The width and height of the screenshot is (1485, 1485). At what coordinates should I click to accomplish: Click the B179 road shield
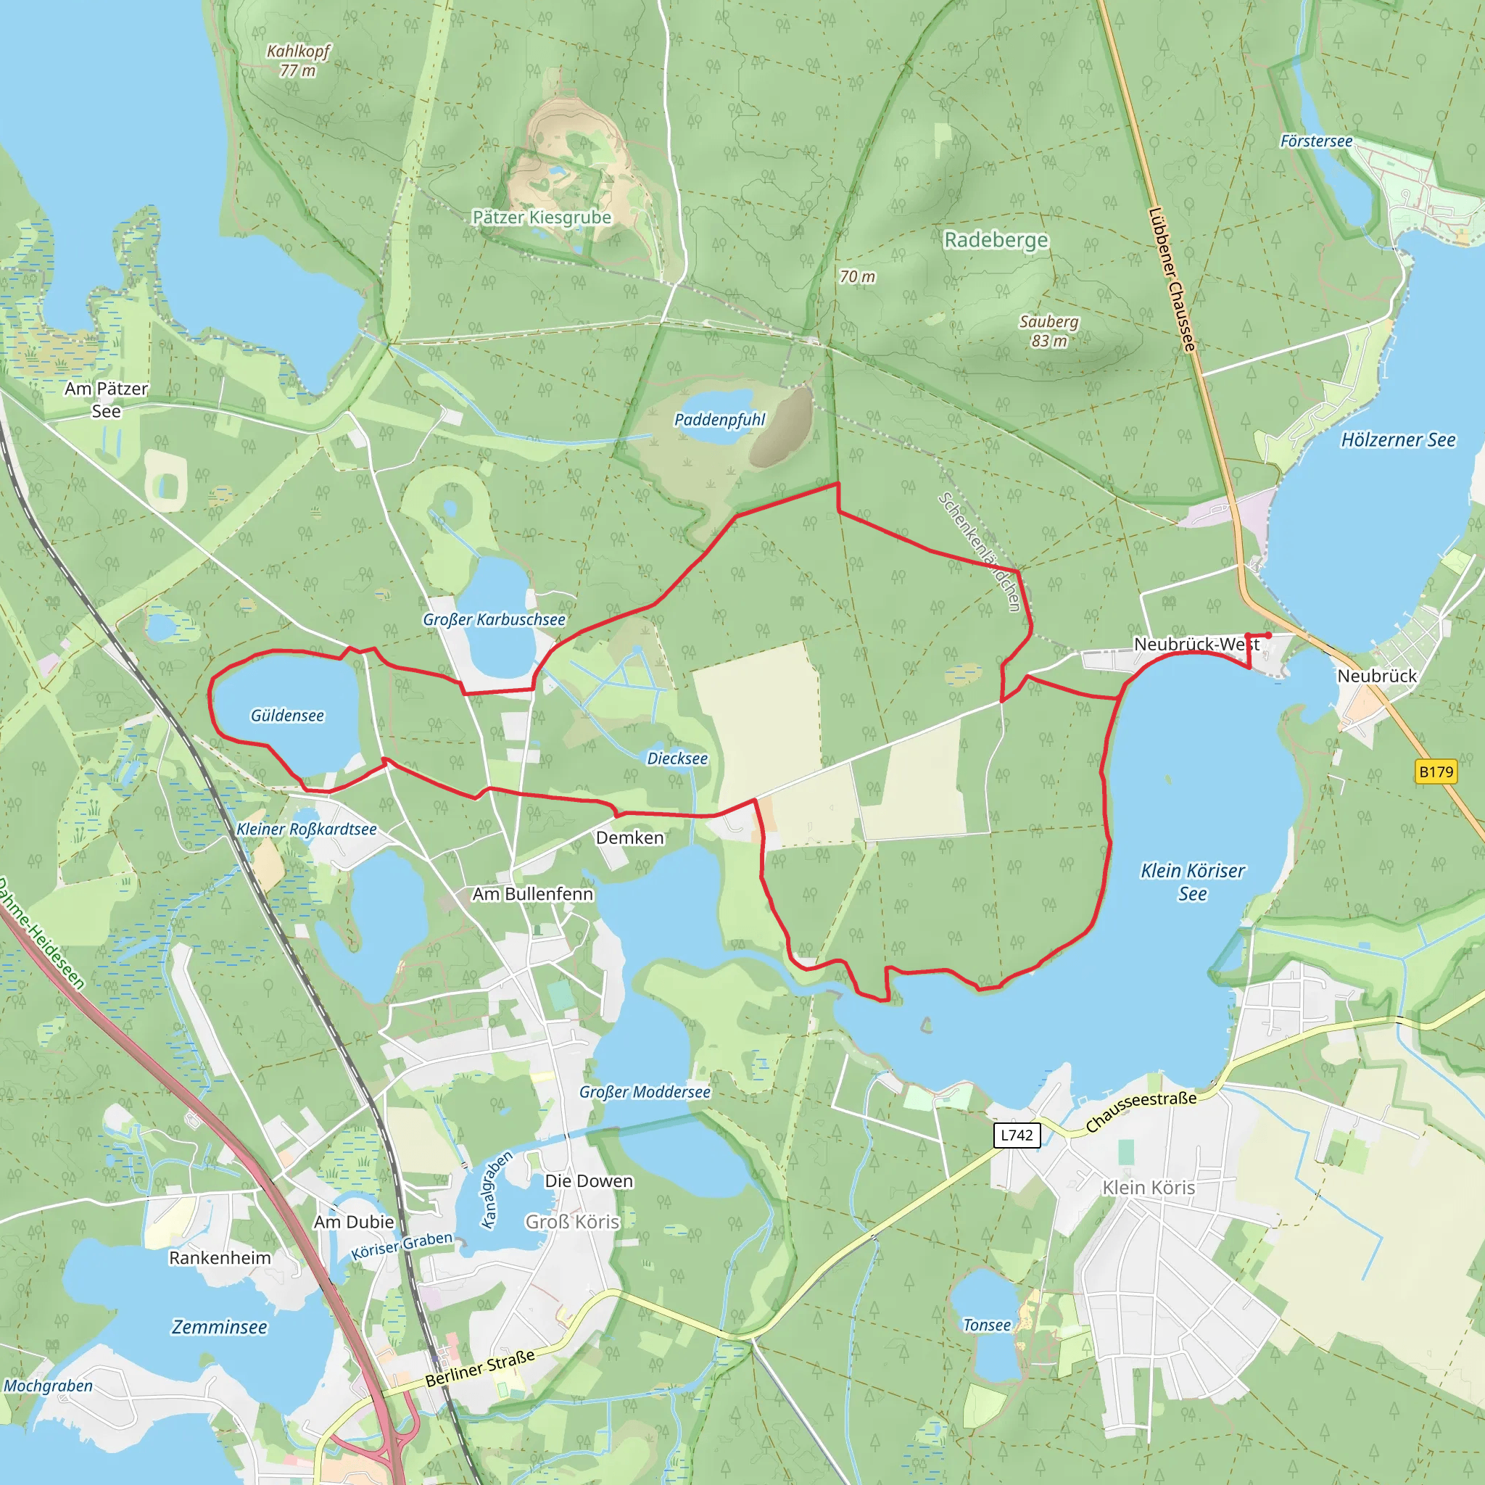(1436, 772)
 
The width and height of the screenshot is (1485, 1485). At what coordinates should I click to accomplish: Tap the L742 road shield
(1017, 1136)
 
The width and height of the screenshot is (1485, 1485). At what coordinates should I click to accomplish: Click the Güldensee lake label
(287, 716)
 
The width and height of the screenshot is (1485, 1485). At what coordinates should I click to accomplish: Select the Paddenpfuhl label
(719, 420)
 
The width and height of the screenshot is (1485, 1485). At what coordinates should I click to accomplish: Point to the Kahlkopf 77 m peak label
(297, 61)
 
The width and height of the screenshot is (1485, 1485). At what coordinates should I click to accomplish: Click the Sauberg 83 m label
(1049, 331)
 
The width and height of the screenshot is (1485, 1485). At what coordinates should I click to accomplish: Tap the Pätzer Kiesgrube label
(542, 218)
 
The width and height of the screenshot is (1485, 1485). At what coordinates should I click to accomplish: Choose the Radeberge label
(996, 241)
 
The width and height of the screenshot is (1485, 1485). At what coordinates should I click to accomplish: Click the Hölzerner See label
(1398, 439)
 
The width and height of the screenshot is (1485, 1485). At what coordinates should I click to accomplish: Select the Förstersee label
(1316, 141)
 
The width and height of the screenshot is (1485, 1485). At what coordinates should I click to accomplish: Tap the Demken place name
(629, 837)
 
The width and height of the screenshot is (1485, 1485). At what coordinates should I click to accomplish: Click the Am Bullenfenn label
(533, 894)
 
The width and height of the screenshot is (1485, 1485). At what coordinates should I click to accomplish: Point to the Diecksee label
(677, 758)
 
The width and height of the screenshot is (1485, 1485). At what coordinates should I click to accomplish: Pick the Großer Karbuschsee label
(495, 619)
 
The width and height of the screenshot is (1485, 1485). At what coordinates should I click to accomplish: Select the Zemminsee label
(219, 1328)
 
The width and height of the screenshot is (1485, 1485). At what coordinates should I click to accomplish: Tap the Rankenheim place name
(220, 1258)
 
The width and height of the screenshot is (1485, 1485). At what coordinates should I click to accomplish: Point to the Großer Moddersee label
(645, 1092)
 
